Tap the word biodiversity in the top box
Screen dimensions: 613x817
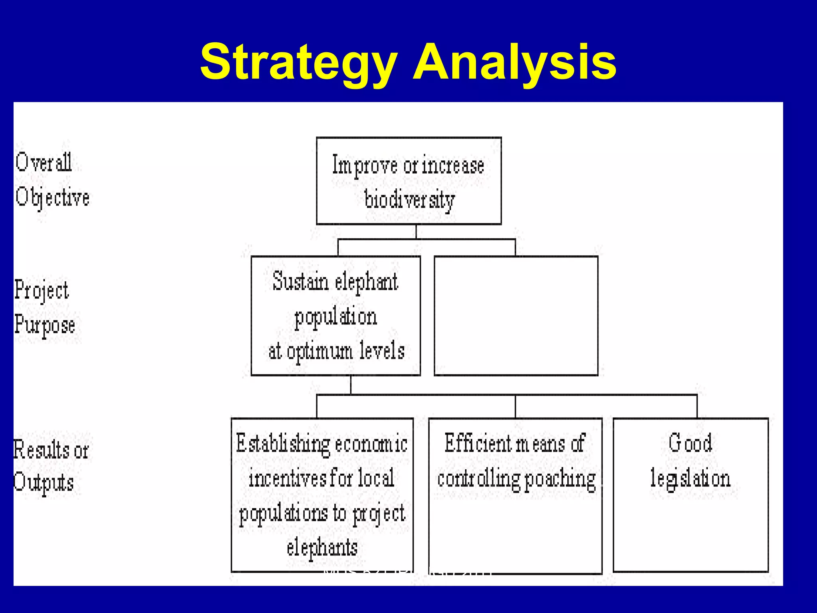[x=409, y=200]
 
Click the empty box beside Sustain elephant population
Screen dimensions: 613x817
[x=516, y=316]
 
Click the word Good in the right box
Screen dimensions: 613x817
[x=690, y=443]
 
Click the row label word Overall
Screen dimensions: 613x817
[x=43, y=162]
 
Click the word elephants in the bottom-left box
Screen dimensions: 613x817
[x=322, y=548]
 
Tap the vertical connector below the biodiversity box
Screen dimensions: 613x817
[x=416, y=232]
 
